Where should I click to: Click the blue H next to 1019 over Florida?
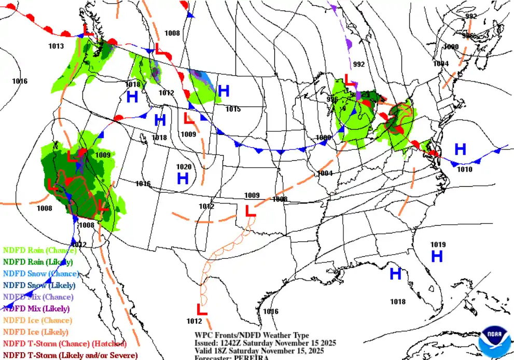pos(437,256)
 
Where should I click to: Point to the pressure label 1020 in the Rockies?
pos(184,167)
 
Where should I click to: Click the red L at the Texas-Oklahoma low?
pos(250,211)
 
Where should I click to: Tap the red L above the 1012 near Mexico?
pos(202,310)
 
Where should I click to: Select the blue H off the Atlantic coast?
pos(460,150)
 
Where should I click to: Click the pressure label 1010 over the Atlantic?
pos(464,169)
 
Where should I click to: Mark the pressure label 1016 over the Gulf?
pos(271,312)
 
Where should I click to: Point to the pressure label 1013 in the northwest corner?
pos(56,46)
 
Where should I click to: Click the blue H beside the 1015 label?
pos(224,91)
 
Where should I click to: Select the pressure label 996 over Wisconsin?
pos(332,100)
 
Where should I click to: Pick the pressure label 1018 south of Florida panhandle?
pos(398,301)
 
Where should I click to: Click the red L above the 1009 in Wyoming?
pos(189,118)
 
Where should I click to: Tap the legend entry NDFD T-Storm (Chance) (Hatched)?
pos(64,343)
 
